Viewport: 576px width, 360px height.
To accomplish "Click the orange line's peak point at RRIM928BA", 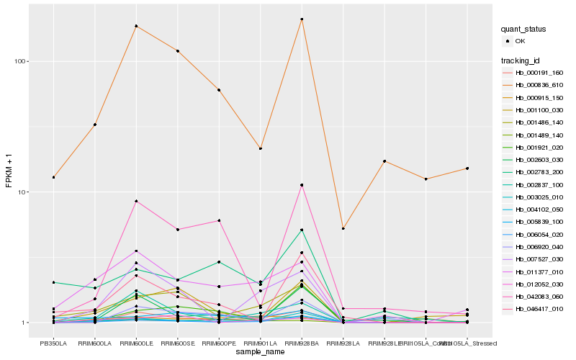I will [x=302, y=19].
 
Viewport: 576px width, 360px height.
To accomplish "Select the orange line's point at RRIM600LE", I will [x=136, y=26].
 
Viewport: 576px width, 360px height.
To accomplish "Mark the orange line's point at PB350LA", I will [x=53, y=177].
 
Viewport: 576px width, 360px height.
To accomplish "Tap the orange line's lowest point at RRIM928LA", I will [x=343, y=228].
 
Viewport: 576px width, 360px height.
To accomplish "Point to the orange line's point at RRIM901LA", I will [x=261, y=148].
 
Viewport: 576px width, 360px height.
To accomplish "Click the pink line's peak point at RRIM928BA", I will [x=302, y=185].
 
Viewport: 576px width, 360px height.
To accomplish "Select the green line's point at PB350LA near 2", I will [x=53, y=282].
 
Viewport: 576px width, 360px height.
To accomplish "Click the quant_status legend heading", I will [x=524, y=30].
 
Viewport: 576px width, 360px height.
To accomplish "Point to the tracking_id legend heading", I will [x=521, y=60].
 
